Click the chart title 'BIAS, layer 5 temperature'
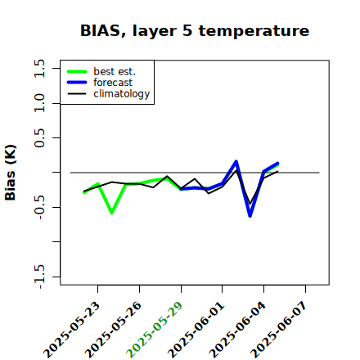(x=195, y=30)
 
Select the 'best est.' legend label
(x=115, y=71)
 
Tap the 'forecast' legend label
(x=113, y=83)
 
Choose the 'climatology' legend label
(x=122, y=94)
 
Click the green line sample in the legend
(x=77, y=71)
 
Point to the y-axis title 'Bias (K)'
(x=11, y=173)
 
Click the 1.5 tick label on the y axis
(x=39, y=68)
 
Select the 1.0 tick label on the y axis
(x=39, y=103)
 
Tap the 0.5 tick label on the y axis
(x=39, y=137)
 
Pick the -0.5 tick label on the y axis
(x=39, y=207)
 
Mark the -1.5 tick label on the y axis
(x=39, y=277)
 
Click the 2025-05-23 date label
(x=72, y=330)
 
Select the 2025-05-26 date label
(x=114, y=330)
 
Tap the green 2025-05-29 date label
(x=155, y=330)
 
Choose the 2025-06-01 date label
(x=196, y=330)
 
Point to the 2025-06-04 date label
(x=238, y=330)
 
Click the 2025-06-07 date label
(x=279, y=330)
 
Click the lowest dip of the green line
(x=112, y=213)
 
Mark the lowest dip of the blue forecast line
(x=250, y=216)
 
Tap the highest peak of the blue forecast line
(x=236, y=161)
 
